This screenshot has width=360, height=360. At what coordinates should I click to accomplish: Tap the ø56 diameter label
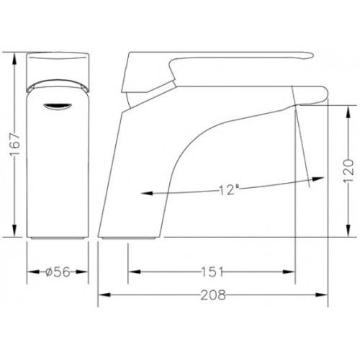58,272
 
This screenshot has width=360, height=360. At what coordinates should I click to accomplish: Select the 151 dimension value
212,272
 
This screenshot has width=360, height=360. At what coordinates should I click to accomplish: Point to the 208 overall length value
213,294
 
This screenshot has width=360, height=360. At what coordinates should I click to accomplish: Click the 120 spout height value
348,171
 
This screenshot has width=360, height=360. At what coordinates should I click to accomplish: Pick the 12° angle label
229,189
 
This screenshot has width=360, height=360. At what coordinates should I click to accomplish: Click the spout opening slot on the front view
58,107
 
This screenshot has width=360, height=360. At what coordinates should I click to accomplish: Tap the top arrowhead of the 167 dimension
15,58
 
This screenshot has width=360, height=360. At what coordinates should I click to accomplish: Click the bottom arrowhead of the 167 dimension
15,231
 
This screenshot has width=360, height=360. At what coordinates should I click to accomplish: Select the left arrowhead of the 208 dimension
104,294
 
